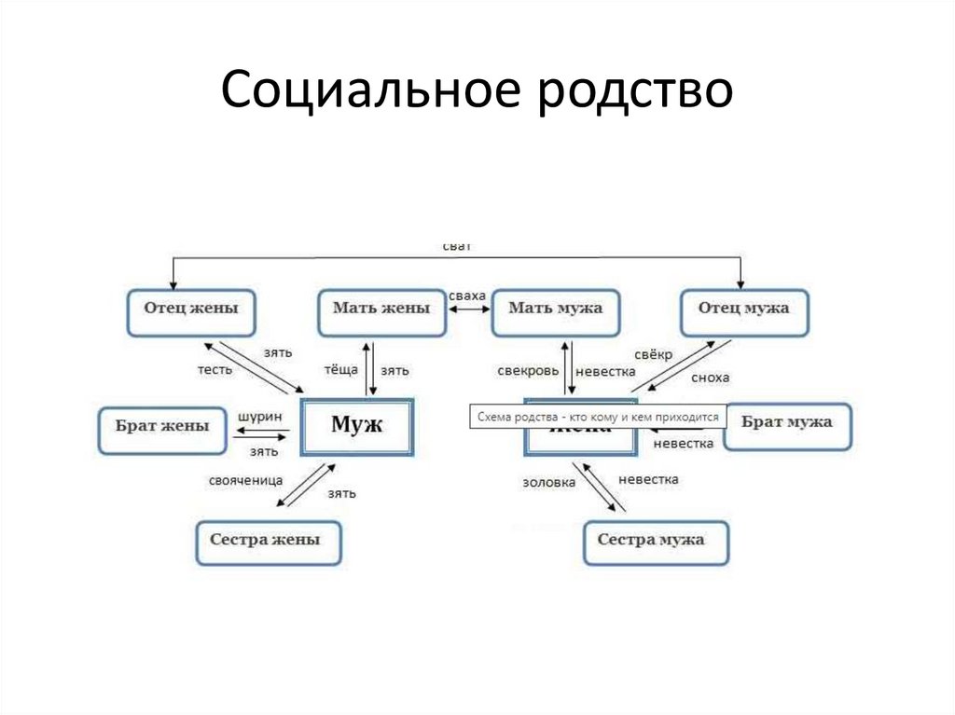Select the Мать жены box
(x=380, y=312)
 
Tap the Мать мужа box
(x=557, y=312)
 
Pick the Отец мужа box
(x=743, y=312)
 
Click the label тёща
(x=340, y=370)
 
